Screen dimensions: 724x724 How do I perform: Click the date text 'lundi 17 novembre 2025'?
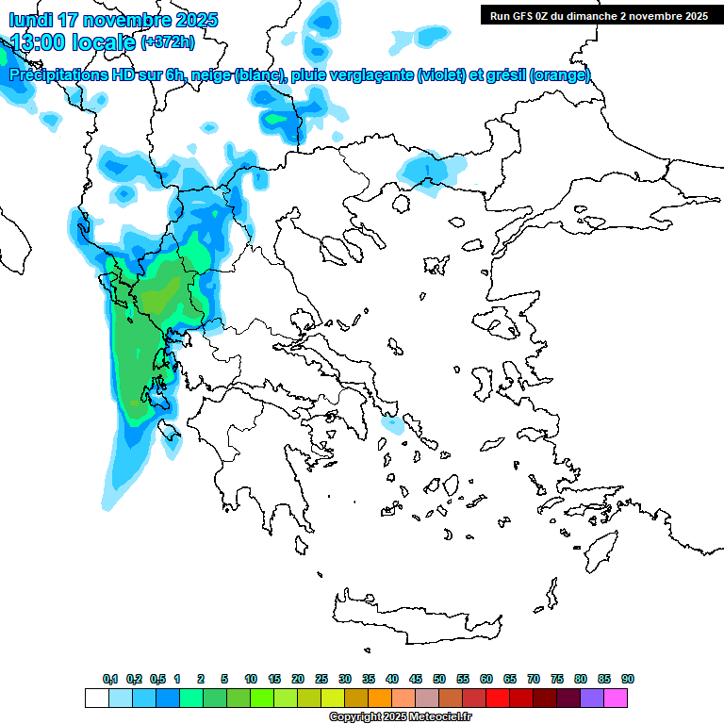coord(113,20)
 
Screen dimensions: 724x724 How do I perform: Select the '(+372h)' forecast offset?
coord(168,42)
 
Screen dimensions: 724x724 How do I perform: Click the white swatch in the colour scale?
coord(96,699)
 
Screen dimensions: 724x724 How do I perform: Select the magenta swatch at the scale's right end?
coord(617,699)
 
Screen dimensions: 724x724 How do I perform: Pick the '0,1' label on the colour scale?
coord(110,680)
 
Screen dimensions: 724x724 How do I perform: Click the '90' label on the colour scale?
coord(628,680)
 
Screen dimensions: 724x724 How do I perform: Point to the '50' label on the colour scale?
coord(439,680)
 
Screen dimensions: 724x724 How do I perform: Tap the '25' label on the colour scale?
coord(321,680)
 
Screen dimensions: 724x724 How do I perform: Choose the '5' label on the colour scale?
coord(224,680)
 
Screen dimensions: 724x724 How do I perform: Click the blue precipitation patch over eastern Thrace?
coord(429,173)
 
